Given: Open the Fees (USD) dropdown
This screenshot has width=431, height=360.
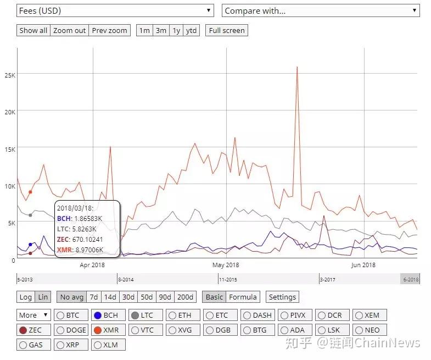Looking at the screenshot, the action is point(115,11).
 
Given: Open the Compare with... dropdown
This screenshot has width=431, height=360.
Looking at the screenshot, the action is point(321,11).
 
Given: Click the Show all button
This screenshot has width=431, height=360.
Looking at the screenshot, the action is point(33,30).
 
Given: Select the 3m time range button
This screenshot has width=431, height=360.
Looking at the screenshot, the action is point(161,30).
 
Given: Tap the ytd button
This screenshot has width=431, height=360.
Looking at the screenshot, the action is point(191,30).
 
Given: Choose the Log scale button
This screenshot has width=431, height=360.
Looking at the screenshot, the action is point(26,297).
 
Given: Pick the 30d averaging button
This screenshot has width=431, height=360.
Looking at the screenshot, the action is point(128,297).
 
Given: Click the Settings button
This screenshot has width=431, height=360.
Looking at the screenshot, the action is point(282,297).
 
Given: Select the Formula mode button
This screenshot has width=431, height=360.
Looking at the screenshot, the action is point(243,297).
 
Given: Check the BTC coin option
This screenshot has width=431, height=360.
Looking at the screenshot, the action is point(71,315).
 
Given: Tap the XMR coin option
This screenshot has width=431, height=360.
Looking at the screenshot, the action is point(108,330).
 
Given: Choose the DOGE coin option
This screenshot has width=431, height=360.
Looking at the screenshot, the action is point(71,330).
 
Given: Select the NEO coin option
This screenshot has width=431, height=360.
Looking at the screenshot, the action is point(370,330).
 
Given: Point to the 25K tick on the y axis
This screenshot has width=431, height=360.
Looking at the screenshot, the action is point(10,75).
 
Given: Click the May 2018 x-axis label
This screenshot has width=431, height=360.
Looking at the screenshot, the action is point(226,265).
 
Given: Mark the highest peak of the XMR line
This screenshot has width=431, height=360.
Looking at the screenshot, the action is point(297,67).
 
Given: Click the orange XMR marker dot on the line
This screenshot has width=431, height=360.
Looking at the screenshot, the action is point(30,192).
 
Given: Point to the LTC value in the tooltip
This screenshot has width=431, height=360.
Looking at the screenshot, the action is point(77,229).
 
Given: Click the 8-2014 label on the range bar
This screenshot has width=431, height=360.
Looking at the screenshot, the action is point(126,280).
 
